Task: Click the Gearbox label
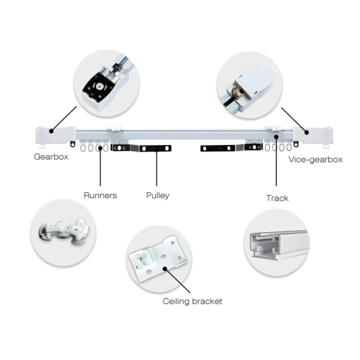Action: [x=51, y=157]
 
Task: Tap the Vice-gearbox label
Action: [x=315, y=160]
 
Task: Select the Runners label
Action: [x=100, y=195]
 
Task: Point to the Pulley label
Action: [x=157, y=195]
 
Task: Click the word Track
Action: [x=277, y=198]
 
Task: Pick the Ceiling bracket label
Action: [x=192, y=301]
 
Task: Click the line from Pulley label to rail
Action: [x=157, y=169]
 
